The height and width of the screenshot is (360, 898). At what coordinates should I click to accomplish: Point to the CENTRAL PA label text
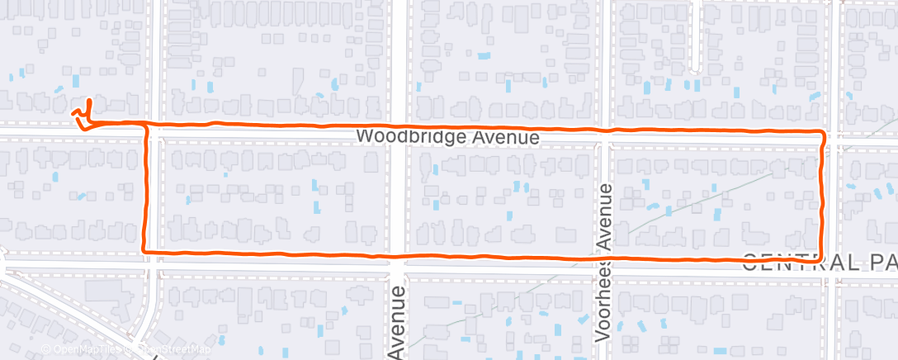[x=819, y=263]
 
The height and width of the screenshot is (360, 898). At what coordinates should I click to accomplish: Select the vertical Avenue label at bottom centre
[x=398, y=322]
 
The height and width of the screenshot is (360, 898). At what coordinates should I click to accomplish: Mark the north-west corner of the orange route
[x=149, y=125]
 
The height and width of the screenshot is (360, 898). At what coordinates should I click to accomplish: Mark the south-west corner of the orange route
[x=145, y=249]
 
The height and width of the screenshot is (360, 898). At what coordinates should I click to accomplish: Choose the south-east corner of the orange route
[x=824, y=257]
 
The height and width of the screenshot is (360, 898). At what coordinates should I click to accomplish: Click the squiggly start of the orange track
[x=83, y=115]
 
